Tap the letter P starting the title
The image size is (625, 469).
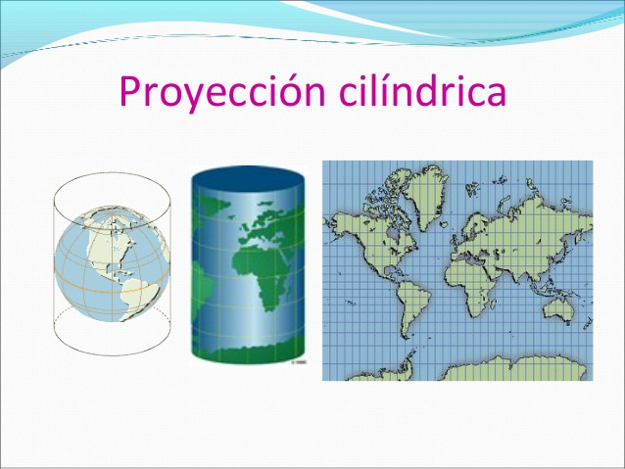[x=131, y=92]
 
